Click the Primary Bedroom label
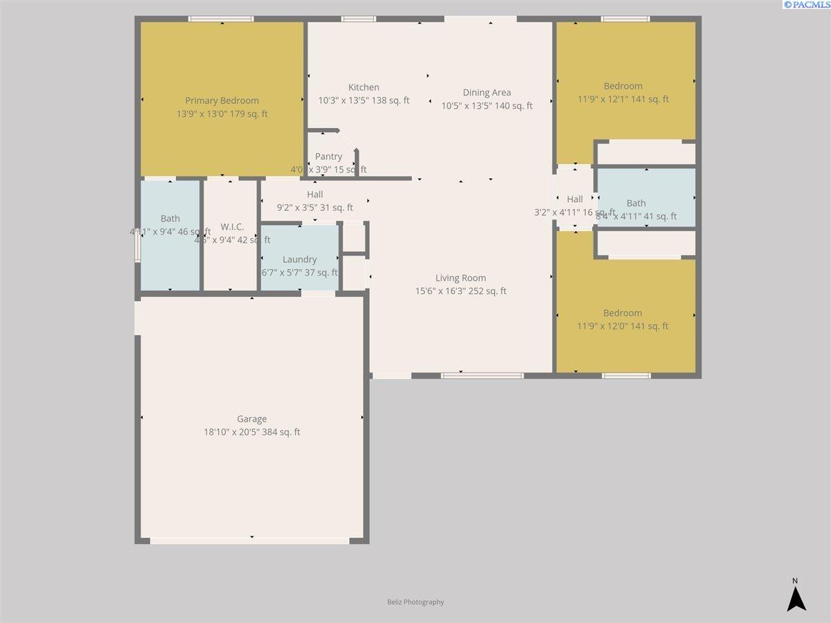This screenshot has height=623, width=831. click(222, 100)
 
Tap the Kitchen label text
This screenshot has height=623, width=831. click(364, 87)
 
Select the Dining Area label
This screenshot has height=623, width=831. click(487, 93)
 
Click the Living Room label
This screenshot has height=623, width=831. click(461, 278)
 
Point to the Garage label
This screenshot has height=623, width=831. click(251, 419)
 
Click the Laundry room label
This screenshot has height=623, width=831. click(299, 260)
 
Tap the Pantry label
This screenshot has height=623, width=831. click(328, 157)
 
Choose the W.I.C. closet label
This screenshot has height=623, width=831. click(232, 227)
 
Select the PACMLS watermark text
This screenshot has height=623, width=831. click(806, 5)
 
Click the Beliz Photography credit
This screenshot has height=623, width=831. click(415, 602)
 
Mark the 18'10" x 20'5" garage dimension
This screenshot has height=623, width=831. click(251, 432)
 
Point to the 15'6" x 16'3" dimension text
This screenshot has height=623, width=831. click(461, 291)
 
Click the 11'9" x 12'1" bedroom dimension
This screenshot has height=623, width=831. click(623, 99)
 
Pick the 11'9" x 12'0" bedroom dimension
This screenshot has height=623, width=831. click(623, 326)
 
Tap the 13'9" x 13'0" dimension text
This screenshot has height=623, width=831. click(222, 114)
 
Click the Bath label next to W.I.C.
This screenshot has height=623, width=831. click(170, 219)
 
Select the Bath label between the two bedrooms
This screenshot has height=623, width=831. click(636, 203)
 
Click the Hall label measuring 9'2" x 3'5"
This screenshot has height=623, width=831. click(314, 195)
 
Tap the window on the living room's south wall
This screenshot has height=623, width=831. click(483, 376)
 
